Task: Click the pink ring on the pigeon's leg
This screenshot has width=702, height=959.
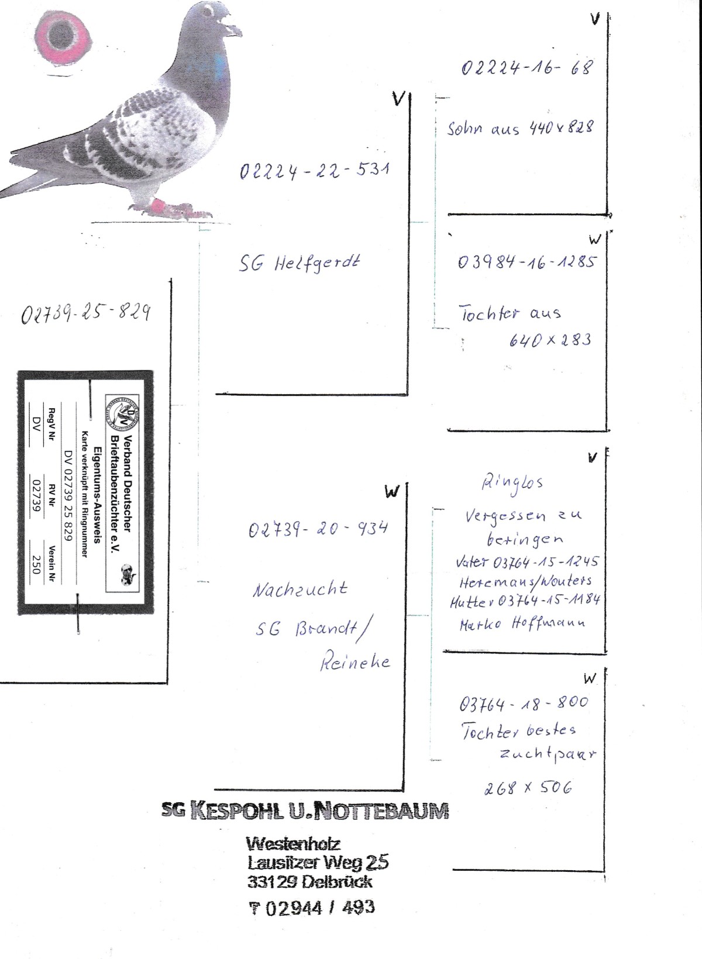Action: [157, 206]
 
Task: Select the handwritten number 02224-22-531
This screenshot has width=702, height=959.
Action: [314, 170]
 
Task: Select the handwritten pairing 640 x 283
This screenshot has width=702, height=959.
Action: [549, 339]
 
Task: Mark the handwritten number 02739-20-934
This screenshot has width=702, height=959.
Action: [318, 529]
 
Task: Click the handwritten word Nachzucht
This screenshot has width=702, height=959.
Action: [300, 588]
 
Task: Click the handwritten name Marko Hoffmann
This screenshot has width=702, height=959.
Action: [522, 623]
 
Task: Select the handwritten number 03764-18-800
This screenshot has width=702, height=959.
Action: [524, 702]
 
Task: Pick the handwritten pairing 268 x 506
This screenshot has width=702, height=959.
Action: [528, 788]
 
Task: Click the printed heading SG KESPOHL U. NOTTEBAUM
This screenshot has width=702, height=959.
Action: [305, 810]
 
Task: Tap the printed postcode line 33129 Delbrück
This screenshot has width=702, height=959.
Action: [309, 882]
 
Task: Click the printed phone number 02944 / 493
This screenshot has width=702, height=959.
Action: [311, 908]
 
